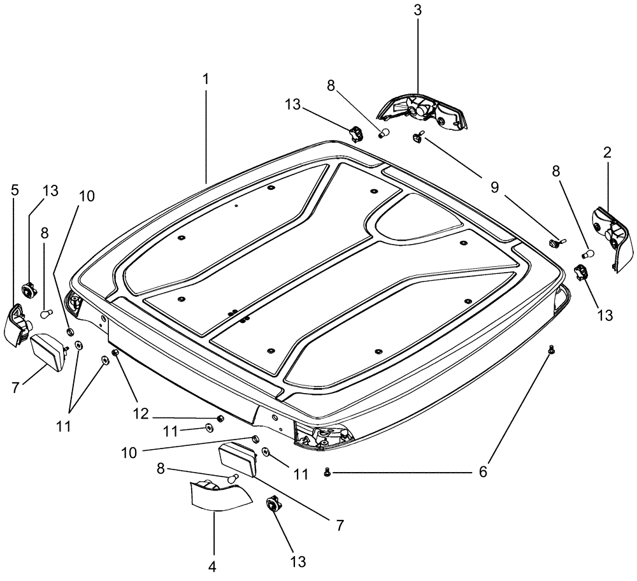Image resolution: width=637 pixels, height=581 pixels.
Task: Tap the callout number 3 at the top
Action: click(418, 11)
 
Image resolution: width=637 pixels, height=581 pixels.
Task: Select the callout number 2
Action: click(607, 152)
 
